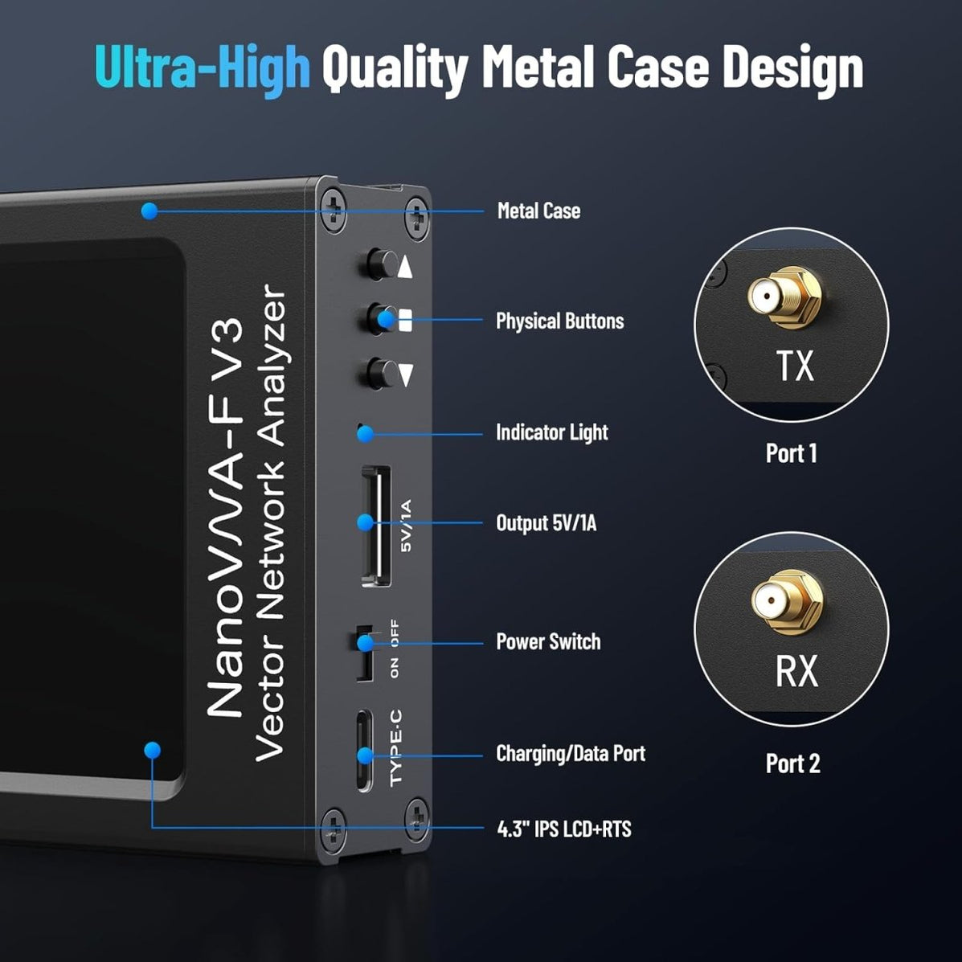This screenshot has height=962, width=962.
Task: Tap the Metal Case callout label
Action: pos(538,211)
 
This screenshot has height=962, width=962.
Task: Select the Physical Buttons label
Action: pos(559,321)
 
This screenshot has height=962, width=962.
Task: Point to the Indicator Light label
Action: pos(551,432)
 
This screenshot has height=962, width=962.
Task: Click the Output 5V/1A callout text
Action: pos(546,523)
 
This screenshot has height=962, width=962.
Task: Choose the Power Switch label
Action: pos(548,642)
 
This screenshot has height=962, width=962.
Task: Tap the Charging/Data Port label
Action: pos(571,753)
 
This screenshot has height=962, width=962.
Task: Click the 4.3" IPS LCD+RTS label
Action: pos(564,829)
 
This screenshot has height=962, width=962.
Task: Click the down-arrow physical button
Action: pos(382,374)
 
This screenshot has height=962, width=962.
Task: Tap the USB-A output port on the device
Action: pos(376,526)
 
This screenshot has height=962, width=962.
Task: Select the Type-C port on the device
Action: pos(364,751)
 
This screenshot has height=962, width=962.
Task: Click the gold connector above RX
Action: pos(787,601)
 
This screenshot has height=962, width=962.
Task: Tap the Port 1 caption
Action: pos(792,453)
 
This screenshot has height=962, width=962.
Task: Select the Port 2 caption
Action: pos(792,763)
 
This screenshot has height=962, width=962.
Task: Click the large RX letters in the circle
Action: pos(796,671)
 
